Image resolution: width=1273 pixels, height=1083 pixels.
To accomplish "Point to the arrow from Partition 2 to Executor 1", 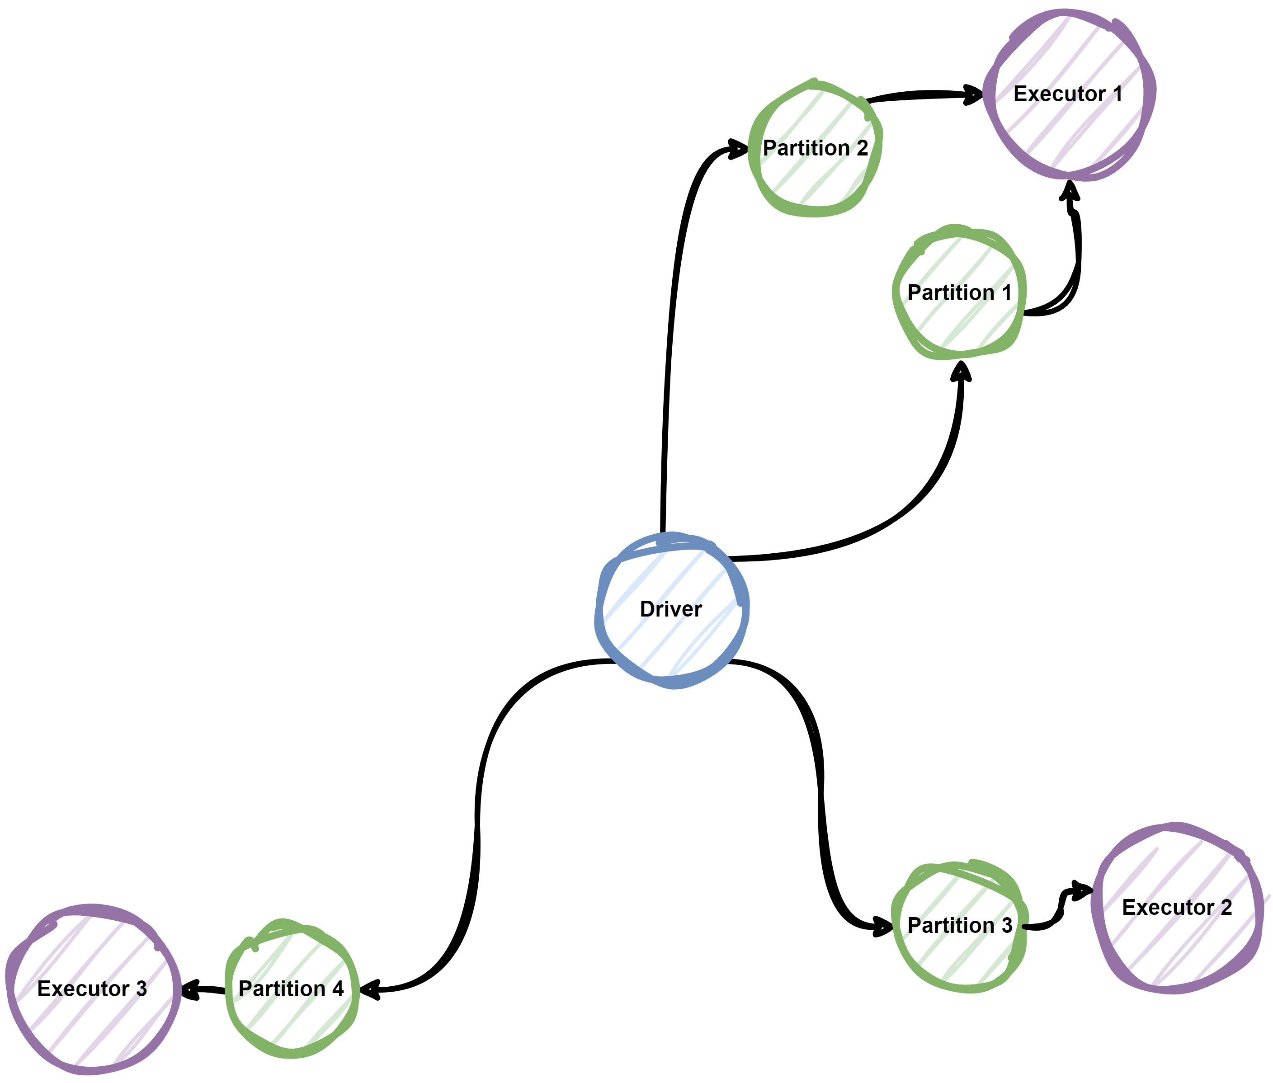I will [x=921, y=95].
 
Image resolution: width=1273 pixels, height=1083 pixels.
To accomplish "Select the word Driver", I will [x=670, y=609].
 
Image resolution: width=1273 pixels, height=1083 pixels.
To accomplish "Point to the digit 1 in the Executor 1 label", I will [x=1117, y=94].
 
